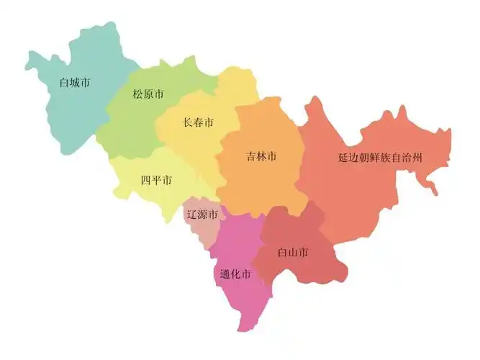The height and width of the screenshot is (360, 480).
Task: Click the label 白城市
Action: [74, 82]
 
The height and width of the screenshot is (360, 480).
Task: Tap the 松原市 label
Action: [148, 94]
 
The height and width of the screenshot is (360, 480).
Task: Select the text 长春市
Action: [199, 122]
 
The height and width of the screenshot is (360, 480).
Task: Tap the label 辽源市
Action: [202, 214]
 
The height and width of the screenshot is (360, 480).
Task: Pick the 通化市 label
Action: [235, 274]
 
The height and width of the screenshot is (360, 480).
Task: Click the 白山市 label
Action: [294, 252]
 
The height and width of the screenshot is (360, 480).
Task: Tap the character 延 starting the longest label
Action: [343, 157]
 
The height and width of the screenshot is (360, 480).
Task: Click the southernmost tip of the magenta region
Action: [240, 331]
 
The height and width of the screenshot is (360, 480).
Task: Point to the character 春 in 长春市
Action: [199, 122]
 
